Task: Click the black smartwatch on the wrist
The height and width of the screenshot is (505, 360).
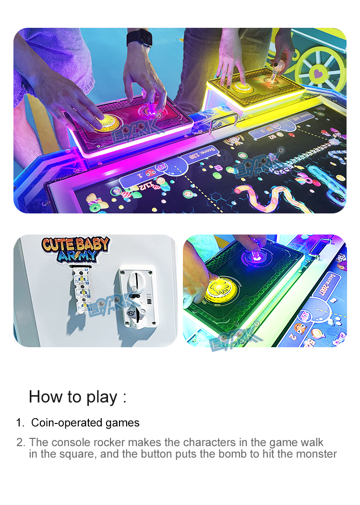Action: (x=140, y=38)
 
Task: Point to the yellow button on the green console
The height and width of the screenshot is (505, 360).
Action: (x=221, y=289)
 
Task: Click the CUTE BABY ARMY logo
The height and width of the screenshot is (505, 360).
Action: (x=75, y=249)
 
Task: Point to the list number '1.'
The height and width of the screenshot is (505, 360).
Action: (x=20, y=423)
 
